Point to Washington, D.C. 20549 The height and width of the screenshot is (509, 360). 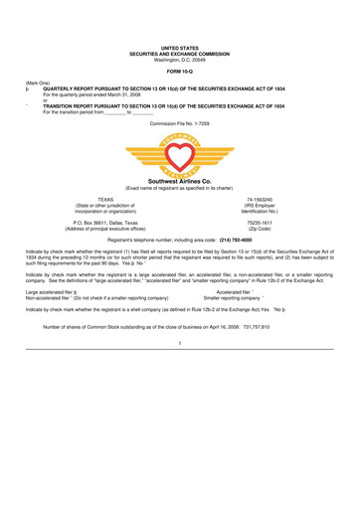point(180,58)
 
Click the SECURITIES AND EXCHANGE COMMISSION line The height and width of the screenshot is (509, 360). point(180,53)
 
